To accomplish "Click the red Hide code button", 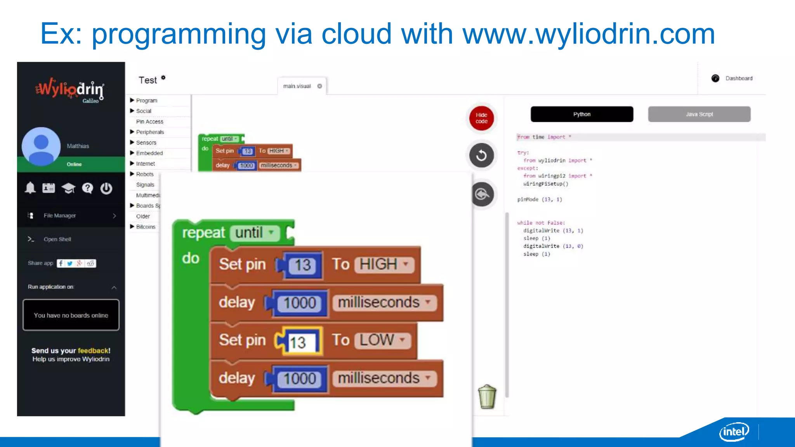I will [x=481, y=118].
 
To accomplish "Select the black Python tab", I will [x=581, y=114].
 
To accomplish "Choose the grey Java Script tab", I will [x=699, y=114].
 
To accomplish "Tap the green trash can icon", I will [x=487, y=397].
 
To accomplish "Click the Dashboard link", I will [x=738, y=78].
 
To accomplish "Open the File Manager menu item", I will [x=60, y=216].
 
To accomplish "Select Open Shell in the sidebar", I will [x=57, y=239].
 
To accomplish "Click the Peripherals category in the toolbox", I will [x=150, y=132].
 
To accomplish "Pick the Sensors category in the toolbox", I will [x=146, y=143].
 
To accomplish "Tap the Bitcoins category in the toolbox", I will [x=146, y=227].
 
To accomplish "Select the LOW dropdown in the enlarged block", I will [x=382, y=340].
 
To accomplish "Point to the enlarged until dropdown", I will [x=255, y=233].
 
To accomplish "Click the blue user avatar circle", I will [x=41, y=146].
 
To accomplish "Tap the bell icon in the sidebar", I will [x=30, y=188].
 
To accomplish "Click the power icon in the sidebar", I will [x=106, y=189].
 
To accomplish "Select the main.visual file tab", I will [x=297, y=86].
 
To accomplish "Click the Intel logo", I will [x=734, y=431].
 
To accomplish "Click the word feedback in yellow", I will [x=93, y=351].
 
